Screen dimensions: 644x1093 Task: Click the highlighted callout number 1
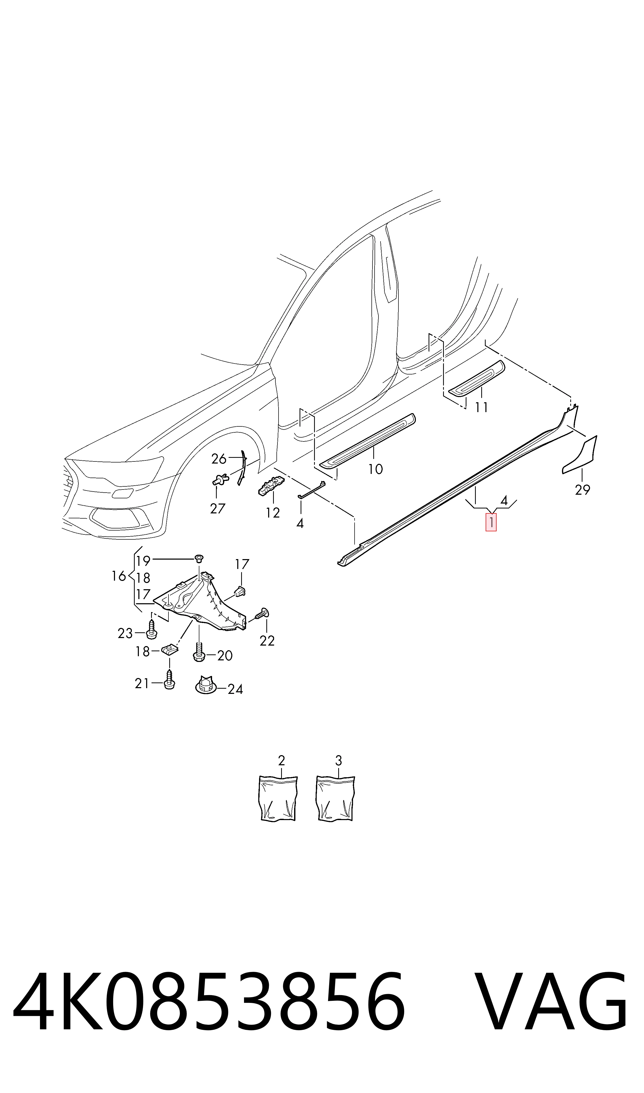tap(491, 522)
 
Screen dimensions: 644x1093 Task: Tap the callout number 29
tap(582, 490)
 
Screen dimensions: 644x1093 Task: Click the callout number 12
tap(273, 513)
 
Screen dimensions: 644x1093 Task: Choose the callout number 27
tap(218, 508)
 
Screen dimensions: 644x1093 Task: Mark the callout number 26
tap(219, 459)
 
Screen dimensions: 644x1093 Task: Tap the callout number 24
tap(235, 689)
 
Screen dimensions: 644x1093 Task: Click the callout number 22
tap(267, 641)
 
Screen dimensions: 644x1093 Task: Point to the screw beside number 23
tap(151, 629)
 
